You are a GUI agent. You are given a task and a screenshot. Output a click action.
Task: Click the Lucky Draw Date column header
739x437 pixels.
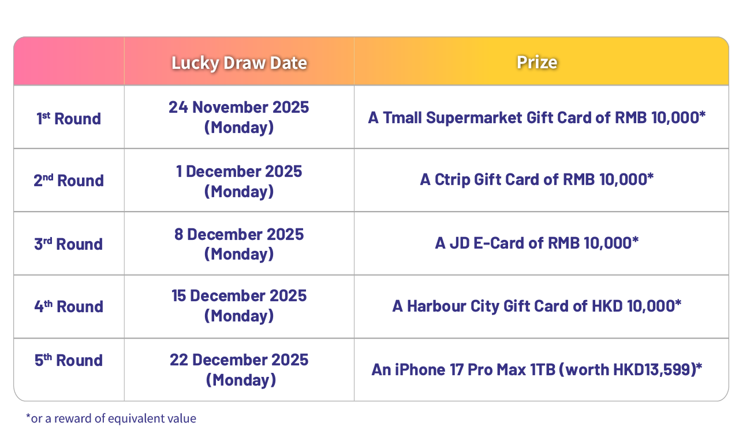(239, 62)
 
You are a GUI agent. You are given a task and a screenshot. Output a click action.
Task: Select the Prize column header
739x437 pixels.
(537, 62)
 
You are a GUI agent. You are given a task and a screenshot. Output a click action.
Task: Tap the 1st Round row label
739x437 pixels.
(68, 118)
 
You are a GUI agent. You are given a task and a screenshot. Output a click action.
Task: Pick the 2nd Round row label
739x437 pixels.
(68, 180)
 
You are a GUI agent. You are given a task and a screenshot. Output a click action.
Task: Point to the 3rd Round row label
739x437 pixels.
(68, 243)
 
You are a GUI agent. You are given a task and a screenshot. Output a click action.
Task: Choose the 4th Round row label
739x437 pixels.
(68, 306)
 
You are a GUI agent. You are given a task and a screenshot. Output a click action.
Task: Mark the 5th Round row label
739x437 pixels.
(68, 360)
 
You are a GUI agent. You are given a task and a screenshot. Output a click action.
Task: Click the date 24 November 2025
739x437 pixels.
(239, 108)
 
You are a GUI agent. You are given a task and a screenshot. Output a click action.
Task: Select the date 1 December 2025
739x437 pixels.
(239, 171)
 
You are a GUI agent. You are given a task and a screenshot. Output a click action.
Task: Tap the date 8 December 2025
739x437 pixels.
(239, 234)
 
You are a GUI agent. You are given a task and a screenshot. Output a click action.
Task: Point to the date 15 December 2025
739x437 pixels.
(239, 296)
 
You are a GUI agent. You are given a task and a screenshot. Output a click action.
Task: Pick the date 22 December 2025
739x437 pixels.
(239, 360)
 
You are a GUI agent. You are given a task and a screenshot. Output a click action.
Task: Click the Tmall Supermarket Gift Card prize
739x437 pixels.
(537, 118)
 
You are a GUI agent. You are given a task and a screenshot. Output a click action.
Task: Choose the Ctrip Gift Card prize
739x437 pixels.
(537, 180)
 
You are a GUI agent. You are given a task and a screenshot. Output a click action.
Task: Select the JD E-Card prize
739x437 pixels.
(537, 243)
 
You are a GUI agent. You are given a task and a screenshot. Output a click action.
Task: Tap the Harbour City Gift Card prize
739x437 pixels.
(537, 306)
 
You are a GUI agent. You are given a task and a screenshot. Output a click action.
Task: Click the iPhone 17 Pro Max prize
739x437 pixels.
(537, 369)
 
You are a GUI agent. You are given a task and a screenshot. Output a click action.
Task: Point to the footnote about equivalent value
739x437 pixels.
(111, 419)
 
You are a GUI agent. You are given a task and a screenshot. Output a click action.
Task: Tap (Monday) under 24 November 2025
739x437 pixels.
(239, 127)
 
